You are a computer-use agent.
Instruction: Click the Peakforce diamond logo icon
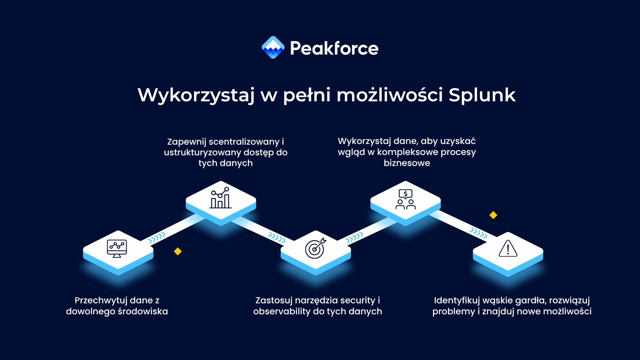(x=273, y=47)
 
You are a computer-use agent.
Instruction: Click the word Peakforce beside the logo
(x=334, y=48)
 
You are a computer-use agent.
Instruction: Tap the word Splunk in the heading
(x=482, y=95)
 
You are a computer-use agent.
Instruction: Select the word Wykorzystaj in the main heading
(x=196, y=95)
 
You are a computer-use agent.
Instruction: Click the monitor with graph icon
(x=117, y=248)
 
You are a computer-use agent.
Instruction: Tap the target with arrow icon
(x=315, y=248)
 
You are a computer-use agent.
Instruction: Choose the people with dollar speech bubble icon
(x=405, y=199)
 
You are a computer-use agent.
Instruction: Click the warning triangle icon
(x=508, y=249)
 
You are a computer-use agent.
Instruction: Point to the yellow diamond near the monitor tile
(x=178, y=251)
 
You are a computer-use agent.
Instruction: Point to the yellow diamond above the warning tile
(x=493, y=215)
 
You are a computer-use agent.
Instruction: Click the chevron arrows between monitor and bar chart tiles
(x=156, y=238)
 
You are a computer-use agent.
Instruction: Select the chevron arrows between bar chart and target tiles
(x=277, y=237)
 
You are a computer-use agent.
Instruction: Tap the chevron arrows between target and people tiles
(x=354, y=238)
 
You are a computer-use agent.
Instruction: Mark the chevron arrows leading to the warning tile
(x=478, y=232)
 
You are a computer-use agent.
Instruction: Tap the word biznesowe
(x=407, y=163)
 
